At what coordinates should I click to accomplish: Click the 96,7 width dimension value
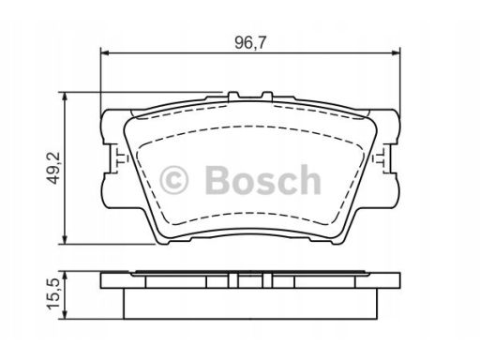coord(250,43)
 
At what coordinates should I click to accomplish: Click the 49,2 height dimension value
coord(52,168)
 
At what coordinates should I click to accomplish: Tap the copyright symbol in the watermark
coord(173,180)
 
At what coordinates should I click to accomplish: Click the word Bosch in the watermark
coord(262,180)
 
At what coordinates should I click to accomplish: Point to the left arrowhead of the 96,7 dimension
coord(104,53)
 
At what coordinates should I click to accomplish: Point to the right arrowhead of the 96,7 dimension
coord(397,53)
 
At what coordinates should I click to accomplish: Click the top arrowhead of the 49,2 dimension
coord(65,96)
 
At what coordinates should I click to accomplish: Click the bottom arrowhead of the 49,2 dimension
coord(65,240)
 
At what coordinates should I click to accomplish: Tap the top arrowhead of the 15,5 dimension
coord(65,276)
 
